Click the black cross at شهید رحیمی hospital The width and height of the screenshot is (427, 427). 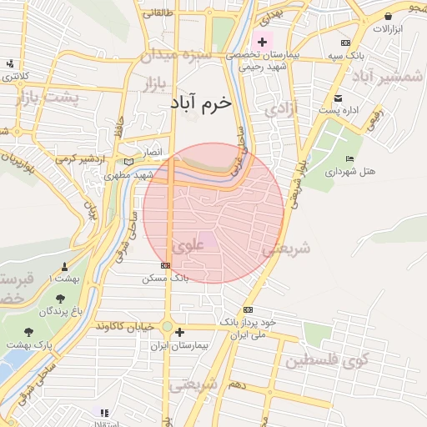tap(263, 41)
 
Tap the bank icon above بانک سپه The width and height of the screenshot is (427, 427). tap(345, 43)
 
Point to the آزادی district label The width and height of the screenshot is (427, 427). tap(275, 109)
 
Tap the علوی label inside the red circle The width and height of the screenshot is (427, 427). tap(188, 246)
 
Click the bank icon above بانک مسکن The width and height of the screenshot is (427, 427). tap(166, 265)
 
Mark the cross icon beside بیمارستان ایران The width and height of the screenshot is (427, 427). tap(179, 332)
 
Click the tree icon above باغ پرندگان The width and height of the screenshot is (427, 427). tap(61, 299)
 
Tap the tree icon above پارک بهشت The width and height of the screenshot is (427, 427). tap(29, 332)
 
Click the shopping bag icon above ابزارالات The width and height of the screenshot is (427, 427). tap(389, 16)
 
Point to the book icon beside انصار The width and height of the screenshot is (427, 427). tap(128, 162)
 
